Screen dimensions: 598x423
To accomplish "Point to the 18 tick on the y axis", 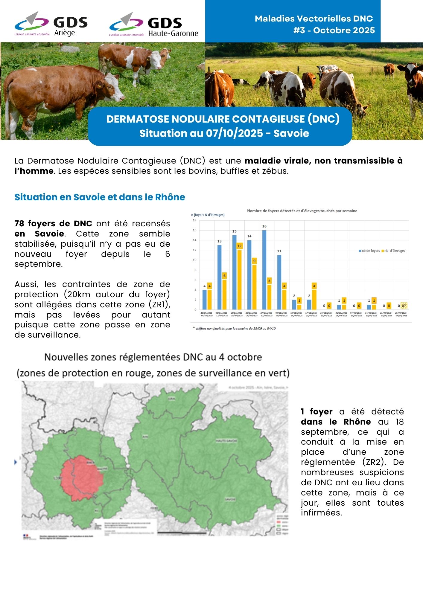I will pos(194,220).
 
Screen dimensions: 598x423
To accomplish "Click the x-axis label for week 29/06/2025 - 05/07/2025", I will pos(207,314).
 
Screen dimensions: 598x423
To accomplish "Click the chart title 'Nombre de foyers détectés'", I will pos(302,211).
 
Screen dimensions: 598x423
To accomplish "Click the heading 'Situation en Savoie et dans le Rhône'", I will pos(100,197).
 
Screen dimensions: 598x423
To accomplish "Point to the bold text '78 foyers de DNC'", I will pos(53,224).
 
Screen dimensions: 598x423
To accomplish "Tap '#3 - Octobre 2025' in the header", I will pos(334,30).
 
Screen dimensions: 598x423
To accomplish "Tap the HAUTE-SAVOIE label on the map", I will pos(226,441).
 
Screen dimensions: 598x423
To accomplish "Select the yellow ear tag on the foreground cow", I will pos(100,86).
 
